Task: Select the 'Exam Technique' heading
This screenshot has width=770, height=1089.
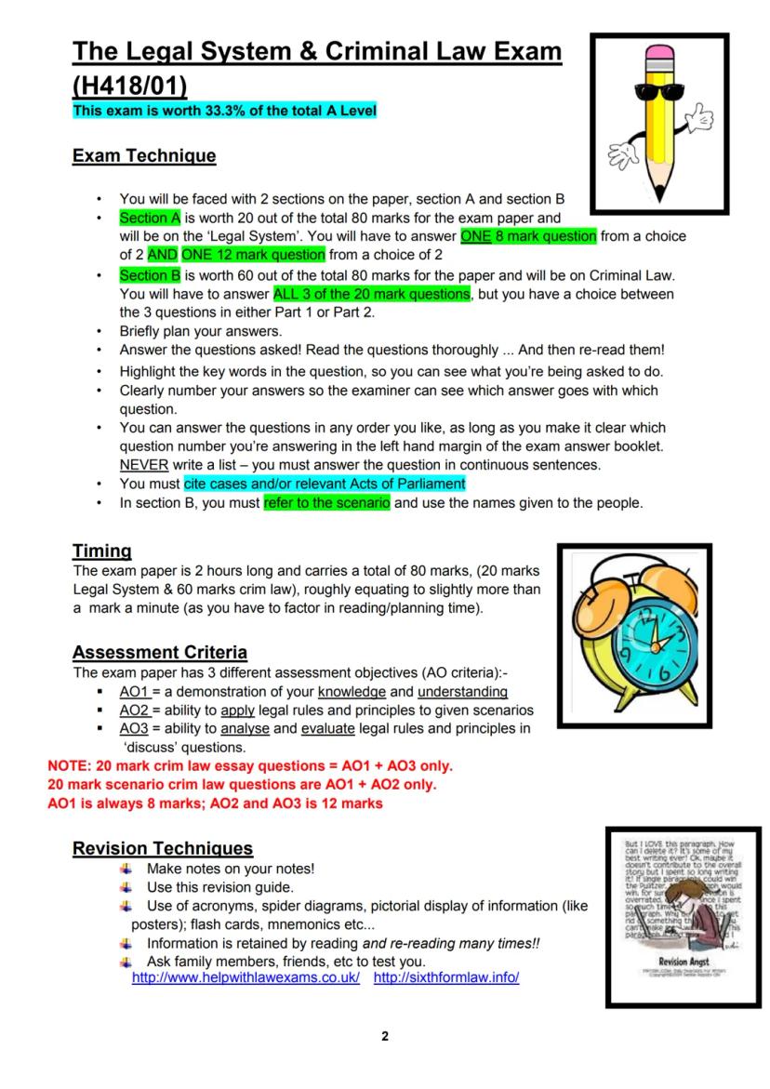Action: coord(144,156)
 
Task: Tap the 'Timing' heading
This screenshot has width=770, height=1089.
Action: coord(101,551)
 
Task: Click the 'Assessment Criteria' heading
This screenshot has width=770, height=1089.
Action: coord(159,652)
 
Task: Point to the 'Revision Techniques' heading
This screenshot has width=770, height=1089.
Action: coord(162,848)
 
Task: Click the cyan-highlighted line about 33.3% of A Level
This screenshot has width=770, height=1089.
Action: coord(224,111)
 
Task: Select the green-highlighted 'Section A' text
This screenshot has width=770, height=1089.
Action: coord(149,219)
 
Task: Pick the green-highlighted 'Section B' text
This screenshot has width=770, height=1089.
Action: coord(149,276)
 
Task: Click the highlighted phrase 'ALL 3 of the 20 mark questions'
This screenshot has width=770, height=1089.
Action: coord(372,294)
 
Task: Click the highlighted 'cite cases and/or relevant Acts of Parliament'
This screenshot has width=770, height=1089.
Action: coord(325,484)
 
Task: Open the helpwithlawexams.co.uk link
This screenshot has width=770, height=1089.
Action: coord(246,977)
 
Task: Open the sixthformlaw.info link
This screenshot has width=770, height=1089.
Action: coord(445,977)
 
